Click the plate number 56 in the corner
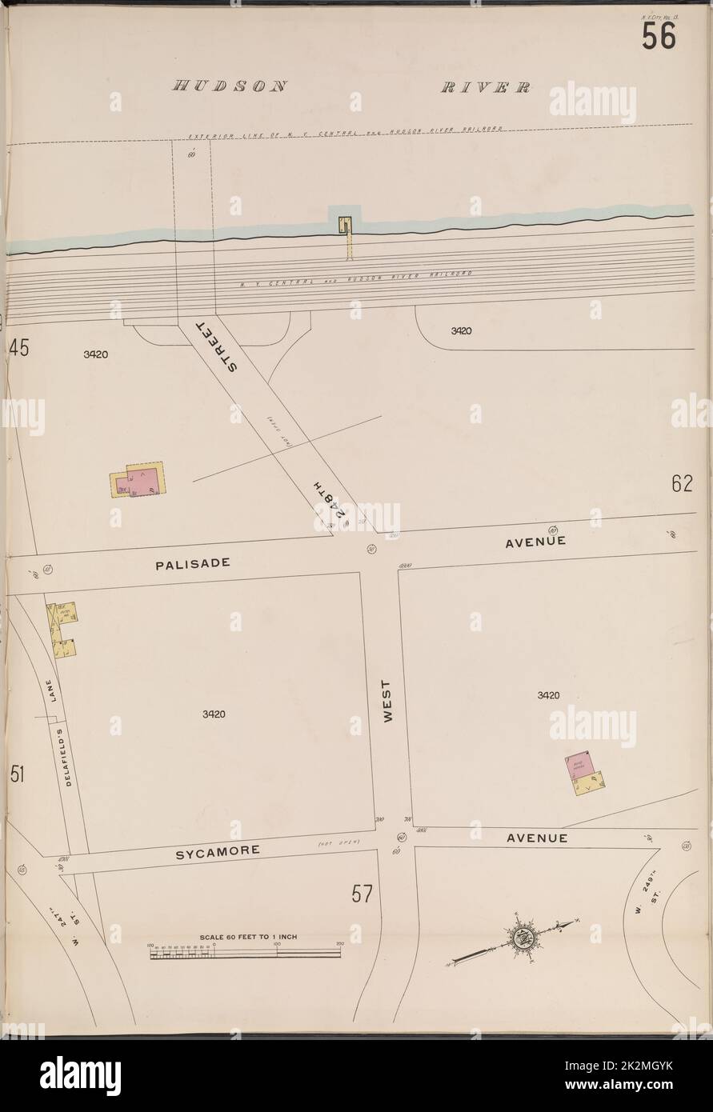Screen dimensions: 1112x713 pos(658,36)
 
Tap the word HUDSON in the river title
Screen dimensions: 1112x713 pos(229,87)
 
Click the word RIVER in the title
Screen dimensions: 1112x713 pos(485,87)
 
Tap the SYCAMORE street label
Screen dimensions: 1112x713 pos(217,850)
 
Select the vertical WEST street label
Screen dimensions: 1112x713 pos(387,702)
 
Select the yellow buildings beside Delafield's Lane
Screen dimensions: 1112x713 pos(60,630)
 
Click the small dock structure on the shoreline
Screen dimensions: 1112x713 pos(346,225)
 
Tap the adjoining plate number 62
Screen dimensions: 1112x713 pos(681,485)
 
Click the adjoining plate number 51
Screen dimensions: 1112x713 pos(18,774)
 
